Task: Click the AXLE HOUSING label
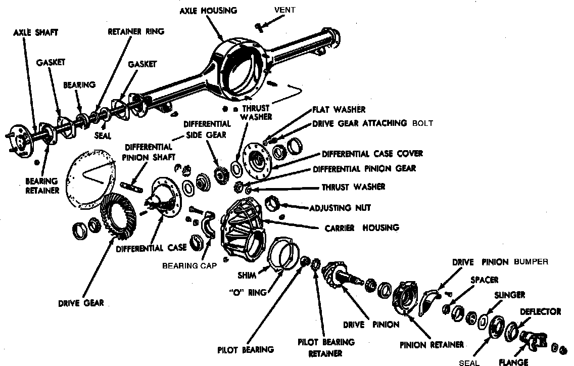(208, 11)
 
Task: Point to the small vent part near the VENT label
(259, 25)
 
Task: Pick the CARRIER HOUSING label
(362, 227)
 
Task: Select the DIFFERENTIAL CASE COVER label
(372, 153)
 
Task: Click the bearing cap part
(209, 227)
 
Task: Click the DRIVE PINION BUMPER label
(500, 262)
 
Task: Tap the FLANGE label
(513, 362)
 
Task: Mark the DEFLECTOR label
(540, 311)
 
